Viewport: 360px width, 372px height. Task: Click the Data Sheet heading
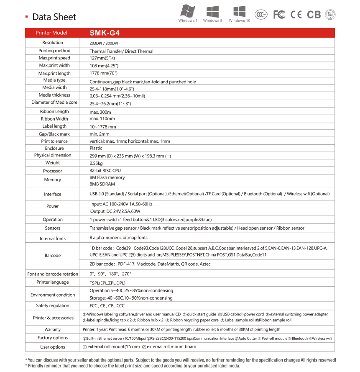pyautogui.click(x=54, y=17)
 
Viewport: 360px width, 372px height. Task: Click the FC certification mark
pyautogui.click(x=279, y=15)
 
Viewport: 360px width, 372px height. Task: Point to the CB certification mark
pyautogui.click(x=314, y=15)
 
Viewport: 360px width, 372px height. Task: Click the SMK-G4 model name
pyautogui.click(x=102, y=33)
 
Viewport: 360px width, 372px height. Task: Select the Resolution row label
pyautogui.click(x=53, y=43)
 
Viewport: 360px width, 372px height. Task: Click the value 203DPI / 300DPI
pyautogui.click(x=104, y=43)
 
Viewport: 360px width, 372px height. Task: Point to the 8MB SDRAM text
pyautogui.click(x=102, y=184)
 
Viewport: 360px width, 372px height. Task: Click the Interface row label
pyautogui.click(x=53, y=194)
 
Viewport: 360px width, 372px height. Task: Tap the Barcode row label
pyautogui.click(x=53, y=255)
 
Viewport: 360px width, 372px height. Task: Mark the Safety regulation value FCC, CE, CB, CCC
pyautogui.click(x=107, y=306)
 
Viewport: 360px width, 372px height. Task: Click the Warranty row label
pyautogui.click(x=53, y=330)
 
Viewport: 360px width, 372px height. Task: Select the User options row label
pyautogui.click(x=53, y=347)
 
